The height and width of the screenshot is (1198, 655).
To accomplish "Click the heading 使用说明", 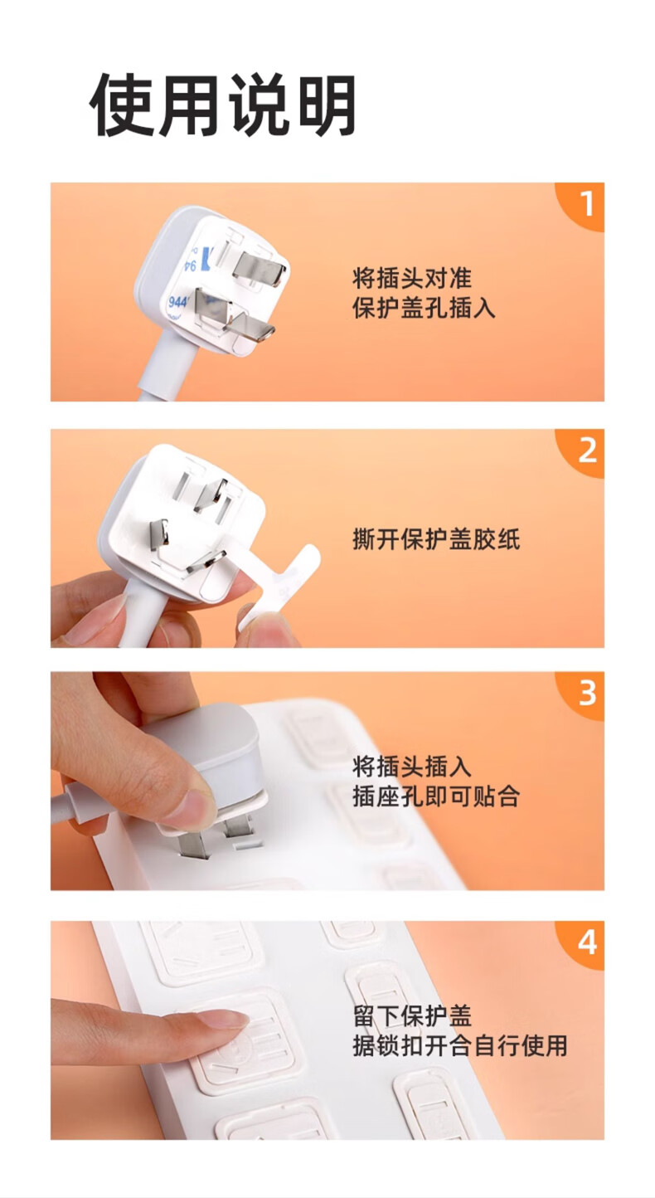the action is [222, 104].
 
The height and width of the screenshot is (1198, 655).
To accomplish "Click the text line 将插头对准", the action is [412, 278].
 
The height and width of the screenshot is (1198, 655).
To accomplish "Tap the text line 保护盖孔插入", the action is [424, 308].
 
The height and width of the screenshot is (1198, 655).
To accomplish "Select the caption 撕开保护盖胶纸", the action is [436, 539].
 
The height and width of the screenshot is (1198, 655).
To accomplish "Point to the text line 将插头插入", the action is [412, 767].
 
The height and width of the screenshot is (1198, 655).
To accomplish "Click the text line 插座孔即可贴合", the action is [436, 796].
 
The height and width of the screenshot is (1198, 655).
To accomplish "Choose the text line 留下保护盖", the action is [412, 1015].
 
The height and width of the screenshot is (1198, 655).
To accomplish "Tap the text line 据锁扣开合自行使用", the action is [460, 1045].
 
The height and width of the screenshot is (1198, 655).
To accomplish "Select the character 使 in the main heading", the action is [121, 104].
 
